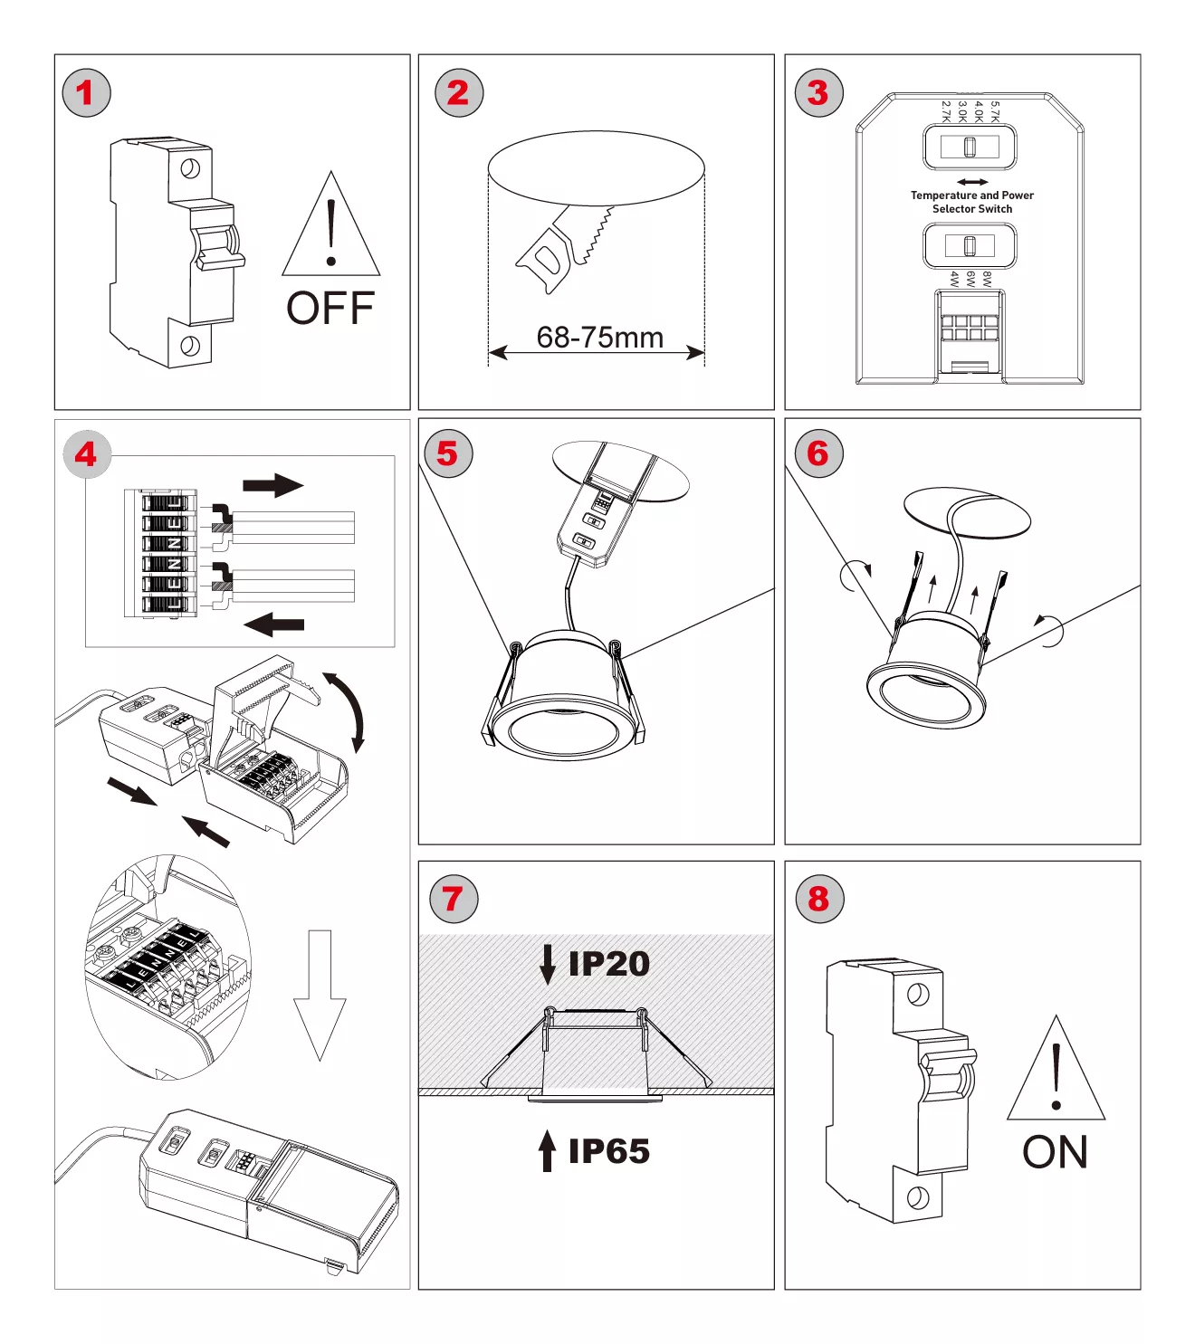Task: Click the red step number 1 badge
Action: point(86,93)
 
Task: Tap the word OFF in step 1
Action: point(330,309)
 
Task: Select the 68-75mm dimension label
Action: point(599,338)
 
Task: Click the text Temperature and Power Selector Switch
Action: point(972,202)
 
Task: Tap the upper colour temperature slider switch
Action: point(970,147)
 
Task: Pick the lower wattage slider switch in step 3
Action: point(970,245)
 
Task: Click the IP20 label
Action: point(608,964)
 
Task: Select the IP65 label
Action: point(608,1151)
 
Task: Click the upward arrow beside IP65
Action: point(547,1150)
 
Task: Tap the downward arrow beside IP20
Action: point(547,965)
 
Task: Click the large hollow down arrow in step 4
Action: point(320,996)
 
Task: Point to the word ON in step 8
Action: point(1055,1153)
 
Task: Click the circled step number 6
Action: point(818,454)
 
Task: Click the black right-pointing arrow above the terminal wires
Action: point(272,485)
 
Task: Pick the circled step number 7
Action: point(453,899)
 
